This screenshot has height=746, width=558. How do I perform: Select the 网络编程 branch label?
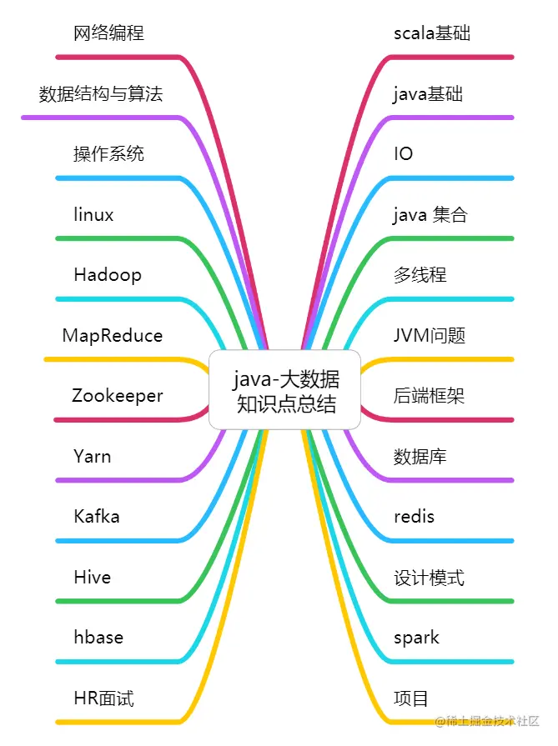(x=108, y=33)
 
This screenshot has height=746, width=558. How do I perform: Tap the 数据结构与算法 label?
(x=100, y=93)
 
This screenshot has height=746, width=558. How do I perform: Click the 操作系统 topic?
(x=108, y=154)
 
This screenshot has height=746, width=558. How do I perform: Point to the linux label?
(x=93, y=215)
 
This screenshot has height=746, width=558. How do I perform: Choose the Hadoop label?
(x=108, y=275)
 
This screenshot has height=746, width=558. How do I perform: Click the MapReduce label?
(x=113, y=336)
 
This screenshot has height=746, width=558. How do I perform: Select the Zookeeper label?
(x=117, y=396)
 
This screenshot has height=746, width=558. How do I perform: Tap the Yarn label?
(x=92, y=457)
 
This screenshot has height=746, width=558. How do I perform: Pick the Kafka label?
(x=97, y=517)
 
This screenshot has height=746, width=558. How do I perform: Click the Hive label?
(x=92, y=578)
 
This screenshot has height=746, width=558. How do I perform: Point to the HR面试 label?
(x=103, y=698)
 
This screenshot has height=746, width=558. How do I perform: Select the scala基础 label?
(x=432, y=33)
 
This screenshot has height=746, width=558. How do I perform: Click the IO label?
(x=403, y=154)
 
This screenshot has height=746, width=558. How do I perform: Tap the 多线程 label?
(x=420, y=275)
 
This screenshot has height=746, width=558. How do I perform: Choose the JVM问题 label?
(x=429, y=336)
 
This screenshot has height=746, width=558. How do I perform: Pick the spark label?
(x=416, y=638)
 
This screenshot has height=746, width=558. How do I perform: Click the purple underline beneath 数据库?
(x=450, y=480)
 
